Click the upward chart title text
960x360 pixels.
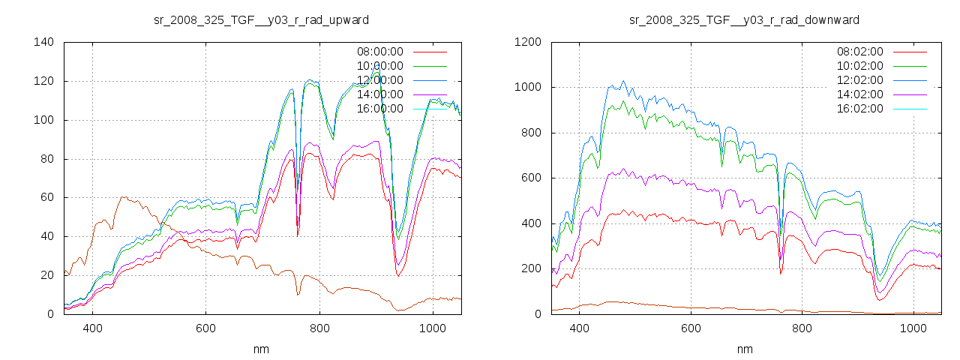coord(261,19)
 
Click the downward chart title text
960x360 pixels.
coord(745,19)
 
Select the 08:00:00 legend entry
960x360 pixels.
coord(379,52)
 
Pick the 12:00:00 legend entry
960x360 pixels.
coord(379,80)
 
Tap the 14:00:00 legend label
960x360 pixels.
coord(379,94)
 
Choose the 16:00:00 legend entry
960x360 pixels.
coord(379,109)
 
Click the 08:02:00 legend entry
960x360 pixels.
coord(859,52)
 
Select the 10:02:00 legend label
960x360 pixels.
coord(859,66)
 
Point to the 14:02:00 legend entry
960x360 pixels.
coord(859,94)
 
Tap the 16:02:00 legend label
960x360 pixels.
coord(859,109)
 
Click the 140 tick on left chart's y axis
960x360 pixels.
coord(43,42)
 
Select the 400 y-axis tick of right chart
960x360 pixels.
coord(529,223)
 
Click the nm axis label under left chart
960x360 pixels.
coord(261,349)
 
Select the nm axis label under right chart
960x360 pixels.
coord(745,349)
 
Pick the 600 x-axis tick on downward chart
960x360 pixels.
coord(691,328)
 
